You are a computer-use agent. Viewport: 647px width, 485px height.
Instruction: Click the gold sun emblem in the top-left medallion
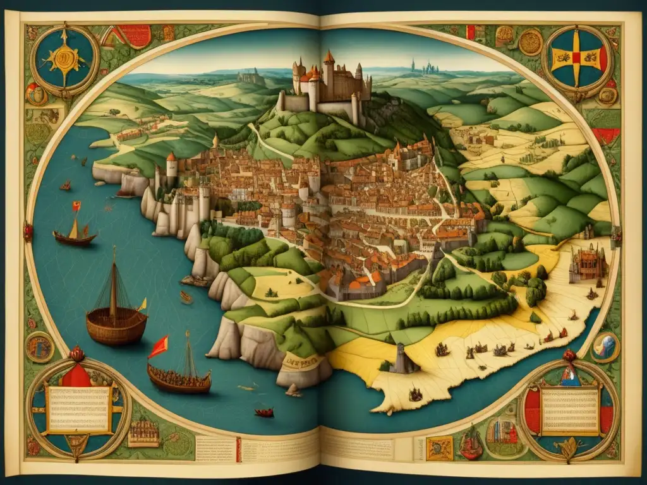[64, 60]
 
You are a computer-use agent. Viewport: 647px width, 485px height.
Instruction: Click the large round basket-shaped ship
[116, 323]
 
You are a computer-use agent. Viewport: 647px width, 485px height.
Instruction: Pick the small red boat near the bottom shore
[264, 413]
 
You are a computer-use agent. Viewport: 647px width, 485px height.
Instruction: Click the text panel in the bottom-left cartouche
[79, 409]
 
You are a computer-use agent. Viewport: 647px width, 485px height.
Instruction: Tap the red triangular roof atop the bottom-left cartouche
[77, 376]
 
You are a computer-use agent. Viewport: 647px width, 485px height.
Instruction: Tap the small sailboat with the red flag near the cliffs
[75, 229]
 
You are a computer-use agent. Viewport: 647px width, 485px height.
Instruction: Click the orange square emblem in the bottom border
[439, 447]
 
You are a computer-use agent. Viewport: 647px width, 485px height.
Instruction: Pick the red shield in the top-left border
[135, 35]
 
